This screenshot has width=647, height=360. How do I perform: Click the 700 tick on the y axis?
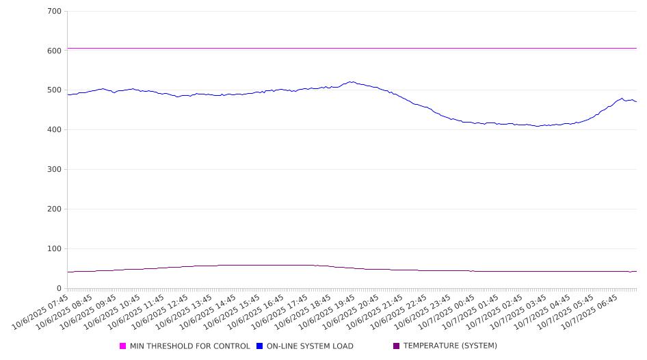[x=54, y=12]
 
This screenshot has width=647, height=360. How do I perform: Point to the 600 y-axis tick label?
[x=54, y=51]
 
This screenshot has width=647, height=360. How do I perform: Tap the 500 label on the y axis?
[x=54, y=90]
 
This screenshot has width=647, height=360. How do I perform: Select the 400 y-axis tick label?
[x=54, y=130]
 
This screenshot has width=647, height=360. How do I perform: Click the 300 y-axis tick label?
[x=54, y=170]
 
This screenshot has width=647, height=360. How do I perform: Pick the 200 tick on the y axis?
[x=54, y=209]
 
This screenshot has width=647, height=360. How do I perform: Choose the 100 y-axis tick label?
[x=54, y=249]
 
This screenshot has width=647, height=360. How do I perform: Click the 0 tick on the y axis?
[x=60, y=289]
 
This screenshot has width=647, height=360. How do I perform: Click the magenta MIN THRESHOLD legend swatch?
[x=123, y=346]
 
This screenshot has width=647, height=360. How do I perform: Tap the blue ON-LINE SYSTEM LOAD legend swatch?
[x=260, y=346]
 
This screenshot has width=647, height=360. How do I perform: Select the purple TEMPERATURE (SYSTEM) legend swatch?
[x=396, y=346]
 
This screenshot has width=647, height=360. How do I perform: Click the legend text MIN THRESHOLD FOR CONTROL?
[x=189, y=346]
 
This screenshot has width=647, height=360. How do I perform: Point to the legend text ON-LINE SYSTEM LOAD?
[x=310, y=346]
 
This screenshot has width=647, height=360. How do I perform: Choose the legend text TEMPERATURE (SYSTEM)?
[x=450, y=346]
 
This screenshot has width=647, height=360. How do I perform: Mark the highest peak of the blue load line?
[x=351, y=82]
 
